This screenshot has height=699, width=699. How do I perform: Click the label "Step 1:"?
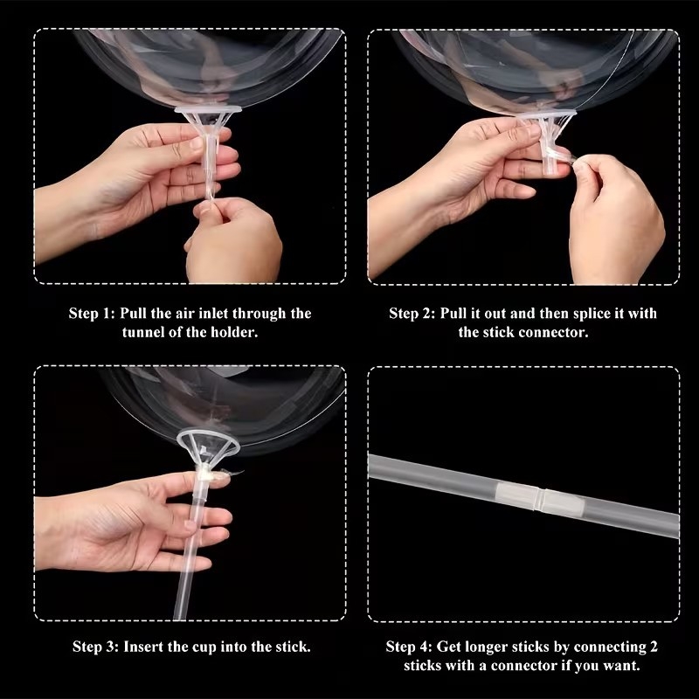click(93, 314)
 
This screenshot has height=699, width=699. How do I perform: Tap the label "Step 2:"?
click(412, 314)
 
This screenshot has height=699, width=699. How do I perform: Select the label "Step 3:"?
click(96, 647)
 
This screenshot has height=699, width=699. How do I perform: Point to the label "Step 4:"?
click(409, 647)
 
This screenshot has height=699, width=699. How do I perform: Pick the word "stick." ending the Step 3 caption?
click(293, 647)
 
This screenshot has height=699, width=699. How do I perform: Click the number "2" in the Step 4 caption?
click(654, 647)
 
